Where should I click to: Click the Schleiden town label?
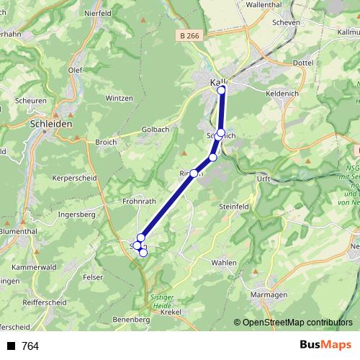click(x=53, y=123)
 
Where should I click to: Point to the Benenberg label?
click(x=131, y=318)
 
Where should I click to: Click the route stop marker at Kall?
click(x=222, y=90)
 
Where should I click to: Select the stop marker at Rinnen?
click(x=194, y=174)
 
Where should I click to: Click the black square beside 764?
click(x=11, y=346)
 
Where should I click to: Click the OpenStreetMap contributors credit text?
click(x=297, y=323)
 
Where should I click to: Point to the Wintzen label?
click(x=119, y=98)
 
